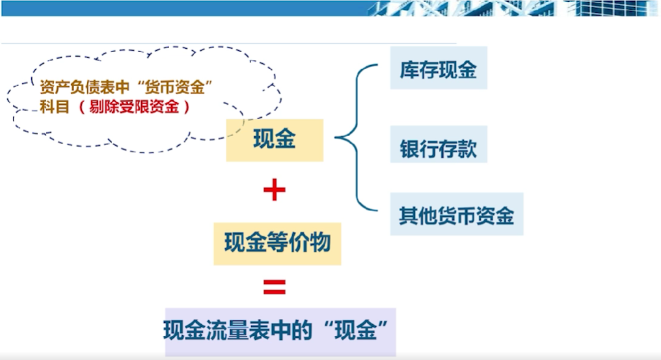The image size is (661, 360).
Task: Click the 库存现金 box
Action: pos(438,68)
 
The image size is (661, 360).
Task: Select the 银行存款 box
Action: pos(438,145)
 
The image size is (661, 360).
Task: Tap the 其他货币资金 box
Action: pos(457,214)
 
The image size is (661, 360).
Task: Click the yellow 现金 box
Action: pos(275,140)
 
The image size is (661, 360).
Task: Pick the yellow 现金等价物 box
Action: pos(277,243)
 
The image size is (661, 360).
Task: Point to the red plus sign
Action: pos(275,189)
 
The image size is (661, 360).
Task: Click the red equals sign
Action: pos(275,287)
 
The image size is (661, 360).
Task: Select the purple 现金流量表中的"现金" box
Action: pos(280,332)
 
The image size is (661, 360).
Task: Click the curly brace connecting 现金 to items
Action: pos(357,137)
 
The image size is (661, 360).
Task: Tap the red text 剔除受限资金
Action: pos(134,107)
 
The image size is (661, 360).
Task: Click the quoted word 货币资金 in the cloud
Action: pos(174,87)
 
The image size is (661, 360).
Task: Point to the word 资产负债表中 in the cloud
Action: pos(85,87)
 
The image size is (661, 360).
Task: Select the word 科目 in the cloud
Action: pos(55,107)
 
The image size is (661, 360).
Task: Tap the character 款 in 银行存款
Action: pos(467,149)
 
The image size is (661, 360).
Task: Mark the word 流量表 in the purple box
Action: pos(237,330)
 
